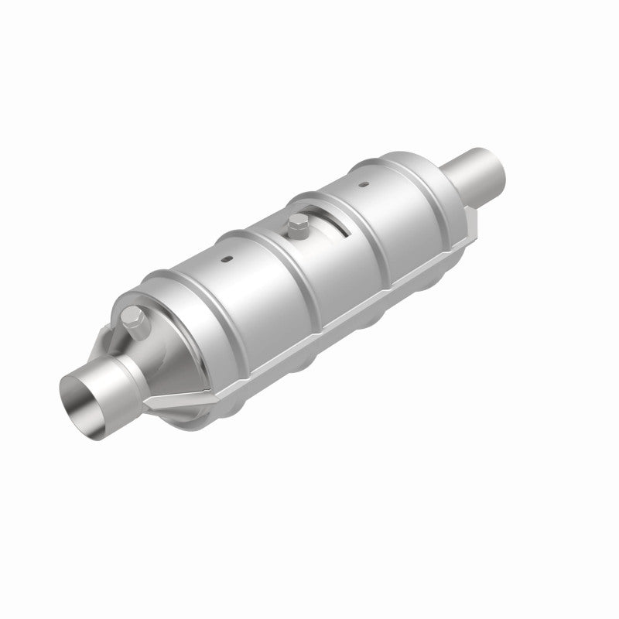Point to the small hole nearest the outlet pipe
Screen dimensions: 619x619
pos(361,183)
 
